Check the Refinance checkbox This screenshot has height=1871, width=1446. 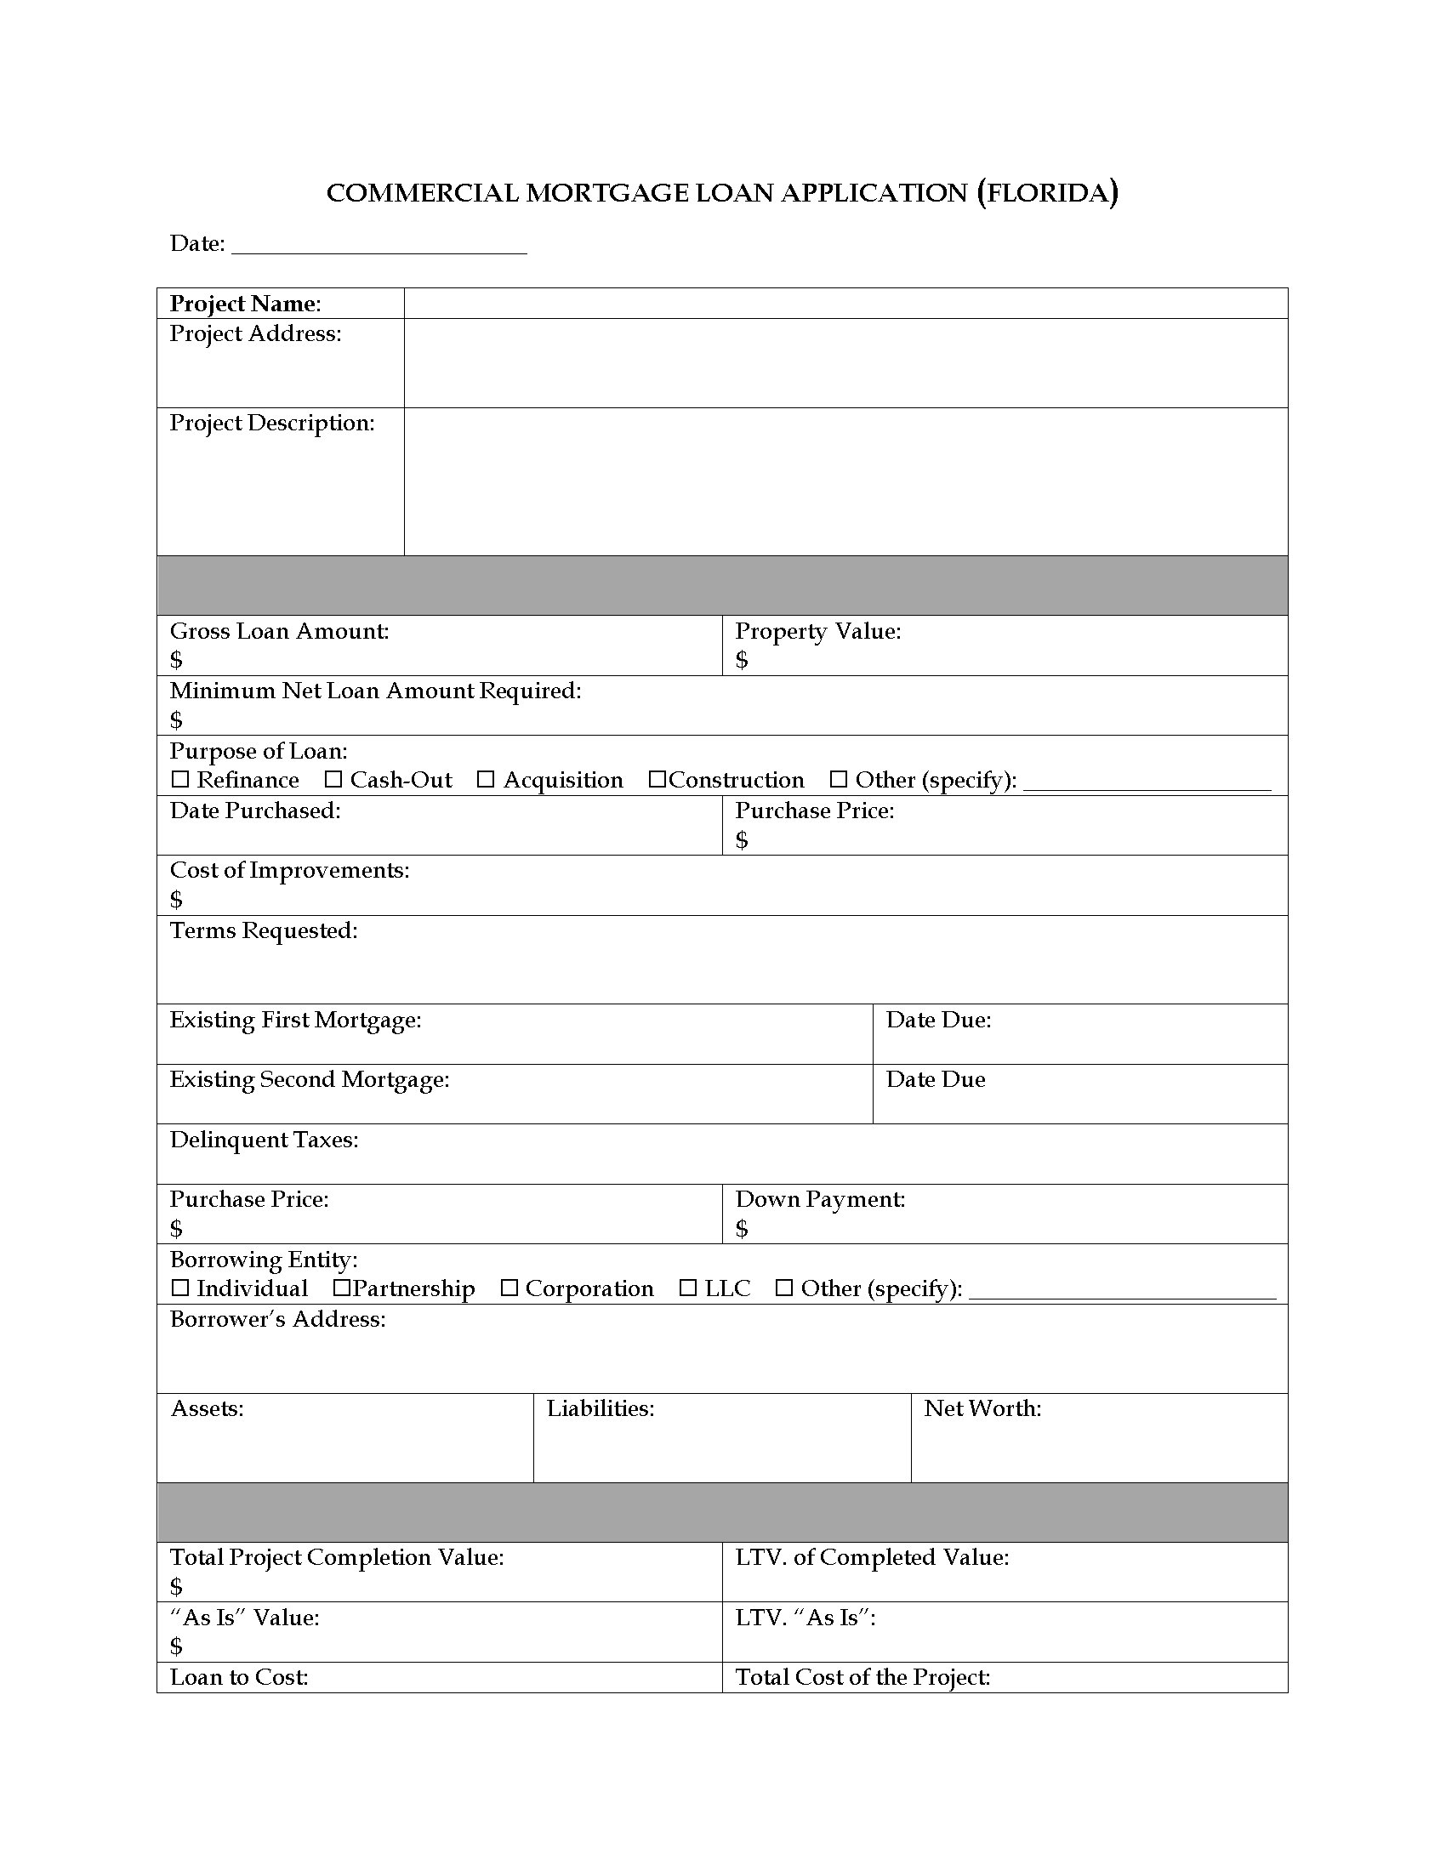coord(179,779)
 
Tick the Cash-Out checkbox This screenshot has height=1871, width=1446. coord(333,779)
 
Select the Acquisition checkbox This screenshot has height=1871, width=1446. coord(486,779)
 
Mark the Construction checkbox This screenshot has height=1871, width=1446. coord(657,779)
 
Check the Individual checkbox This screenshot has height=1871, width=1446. coord(179,1288)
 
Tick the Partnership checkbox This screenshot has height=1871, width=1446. coord(342,1288)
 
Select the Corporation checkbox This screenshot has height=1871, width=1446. coord(509,1288)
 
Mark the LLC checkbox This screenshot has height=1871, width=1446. coord(688,1288)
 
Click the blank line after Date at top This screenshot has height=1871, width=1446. coord(379,246)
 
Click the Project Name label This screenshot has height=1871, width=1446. coord(245,304)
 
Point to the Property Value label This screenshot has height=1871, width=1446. coord(817,631)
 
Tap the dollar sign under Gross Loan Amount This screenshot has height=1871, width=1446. coord(176,660)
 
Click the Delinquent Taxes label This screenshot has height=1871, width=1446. coord(264,1140)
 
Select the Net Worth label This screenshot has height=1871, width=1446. coord(982,1408)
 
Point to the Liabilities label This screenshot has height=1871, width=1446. coord(601,1408)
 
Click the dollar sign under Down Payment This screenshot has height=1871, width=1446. coord(742,1229)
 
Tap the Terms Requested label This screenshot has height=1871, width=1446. coord(264,930)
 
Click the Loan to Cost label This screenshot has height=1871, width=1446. coord(239,1676)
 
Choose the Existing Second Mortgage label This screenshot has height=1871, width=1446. coord(310,1079)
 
